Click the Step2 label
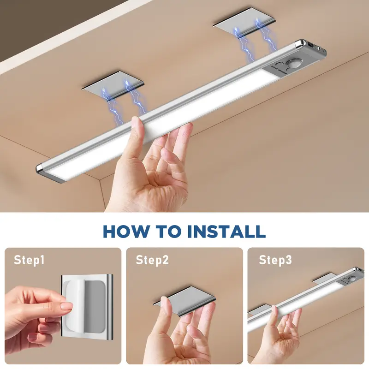[x=152, y=260]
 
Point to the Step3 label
[x=275, y=260]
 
